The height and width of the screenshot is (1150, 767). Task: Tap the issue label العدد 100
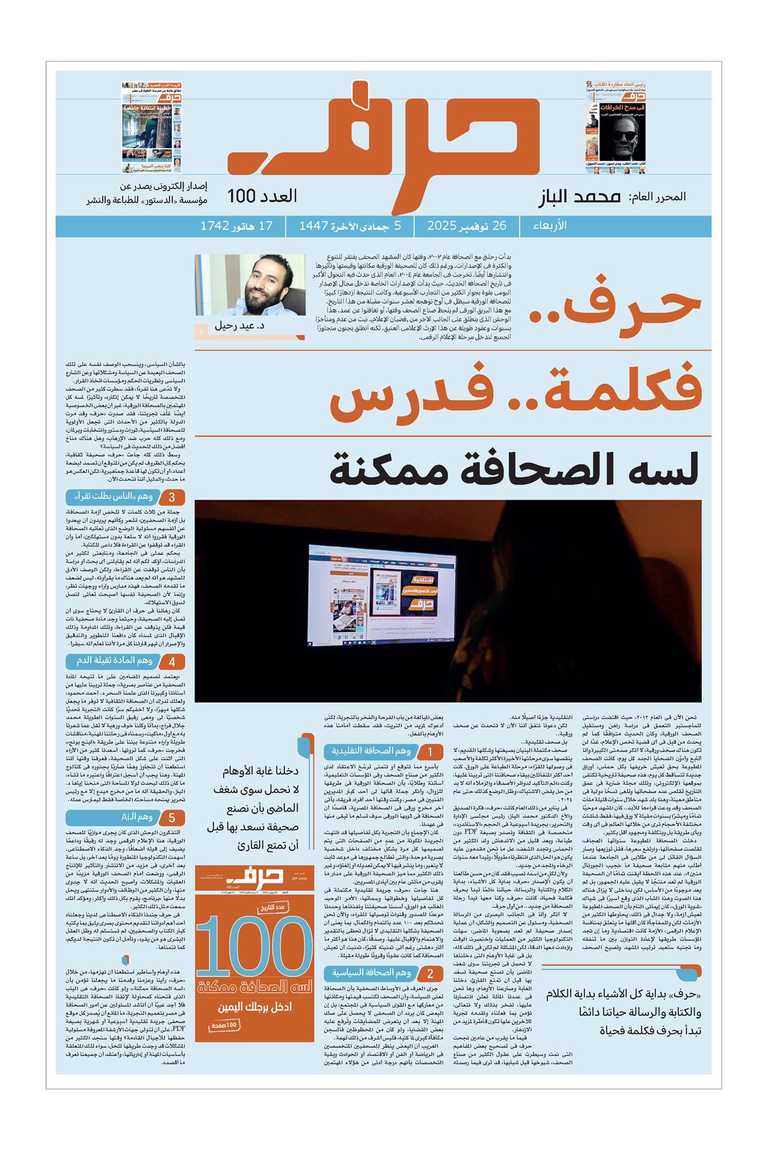pos(262,196)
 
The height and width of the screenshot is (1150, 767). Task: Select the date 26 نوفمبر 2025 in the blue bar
pos(467,226)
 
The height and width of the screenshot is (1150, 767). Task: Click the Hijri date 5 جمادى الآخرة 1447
pos(350,226)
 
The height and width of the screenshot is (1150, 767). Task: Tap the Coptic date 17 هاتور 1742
pos(236,226)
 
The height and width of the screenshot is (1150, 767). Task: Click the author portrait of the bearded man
pos(250,285)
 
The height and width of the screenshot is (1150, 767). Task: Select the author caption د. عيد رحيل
pos(239,326)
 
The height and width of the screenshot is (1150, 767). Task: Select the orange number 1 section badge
pos(430,753)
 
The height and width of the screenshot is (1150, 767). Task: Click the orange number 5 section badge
pos(172,818)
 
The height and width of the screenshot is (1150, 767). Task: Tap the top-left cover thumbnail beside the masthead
pos(151,127)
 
